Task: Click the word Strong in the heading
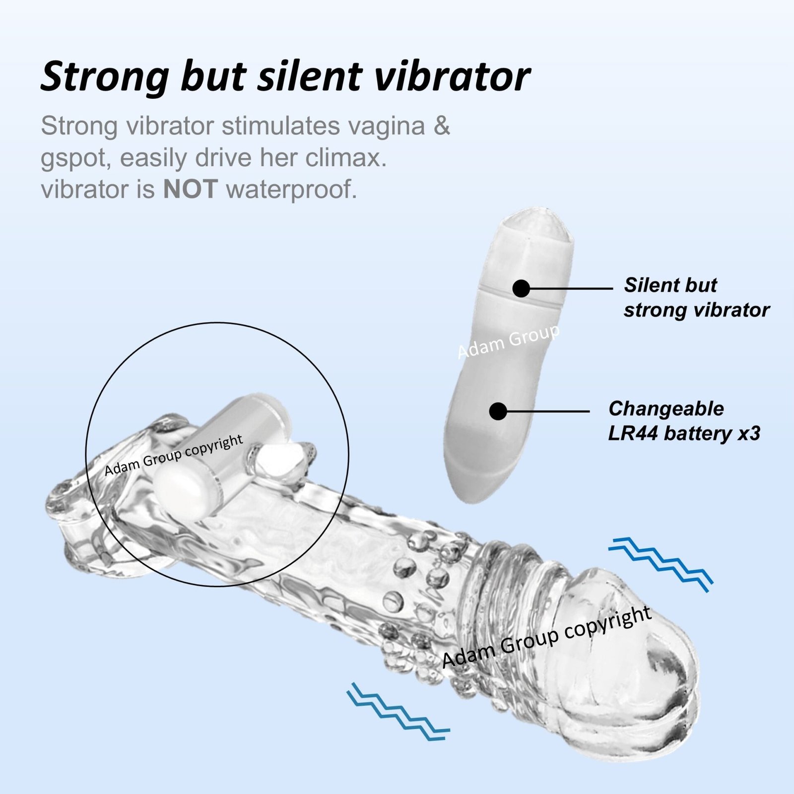(105, 76)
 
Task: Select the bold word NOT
(191, 189)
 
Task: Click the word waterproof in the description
(291, 190)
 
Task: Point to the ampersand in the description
(441, 126)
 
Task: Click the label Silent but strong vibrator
(697, 298)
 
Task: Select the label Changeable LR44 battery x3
(684, 421)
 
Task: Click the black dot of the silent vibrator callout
(521, 288)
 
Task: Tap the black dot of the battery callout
(498, 411)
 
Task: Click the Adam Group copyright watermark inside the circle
(174, 455)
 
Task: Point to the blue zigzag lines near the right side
(661, 565)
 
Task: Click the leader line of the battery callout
(548, 411)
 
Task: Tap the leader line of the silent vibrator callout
(571, 288)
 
